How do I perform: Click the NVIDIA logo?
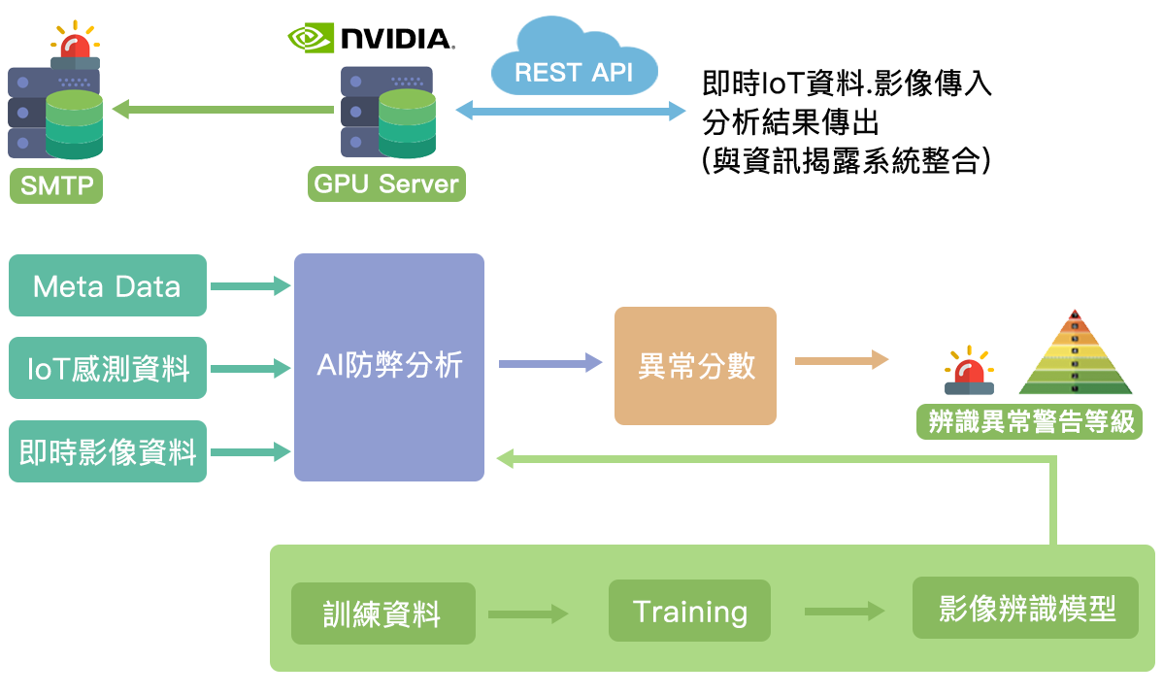371,38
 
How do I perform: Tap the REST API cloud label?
574,73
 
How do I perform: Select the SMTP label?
56,184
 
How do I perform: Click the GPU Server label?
386,183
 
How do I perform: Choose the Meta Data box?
107,285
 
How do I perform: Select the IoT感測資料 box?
107,368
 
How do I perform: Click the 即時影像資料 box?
107,451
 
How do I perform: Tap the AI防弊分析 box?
388,366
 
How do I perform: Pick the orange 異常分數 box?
695,365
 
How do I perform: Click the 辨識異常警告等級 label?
1030,422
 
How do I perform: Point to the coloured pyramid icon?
1074,352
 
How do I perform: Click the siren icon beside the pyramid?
968,369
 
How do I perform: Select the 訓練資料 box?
382,613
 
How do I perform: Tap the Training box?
689,612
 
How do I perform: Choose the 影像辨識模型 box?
1025,609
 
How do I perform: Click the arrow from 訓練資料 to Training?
527,613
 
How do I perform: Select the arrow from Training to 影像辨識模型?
844,612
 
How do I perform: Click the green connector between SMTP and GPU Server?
223,109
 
